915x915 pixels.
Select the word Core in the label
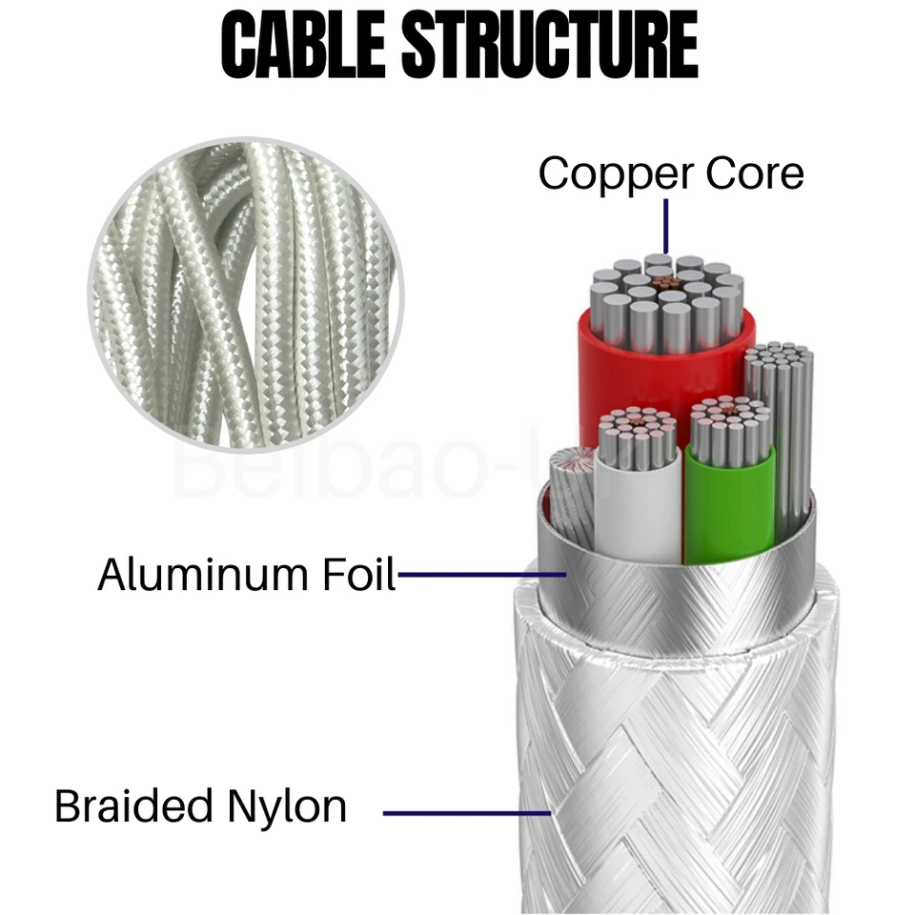click(x=752, y=173)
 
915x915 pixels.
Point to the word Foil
click(x=356, y=575)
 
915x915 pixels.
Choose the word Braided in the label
click(x=133, y=806)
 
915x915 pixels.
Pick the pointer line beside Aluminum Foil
click(x=481, y=575)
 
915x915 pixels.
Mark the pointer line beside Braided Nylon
click(x=467, y=813)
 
